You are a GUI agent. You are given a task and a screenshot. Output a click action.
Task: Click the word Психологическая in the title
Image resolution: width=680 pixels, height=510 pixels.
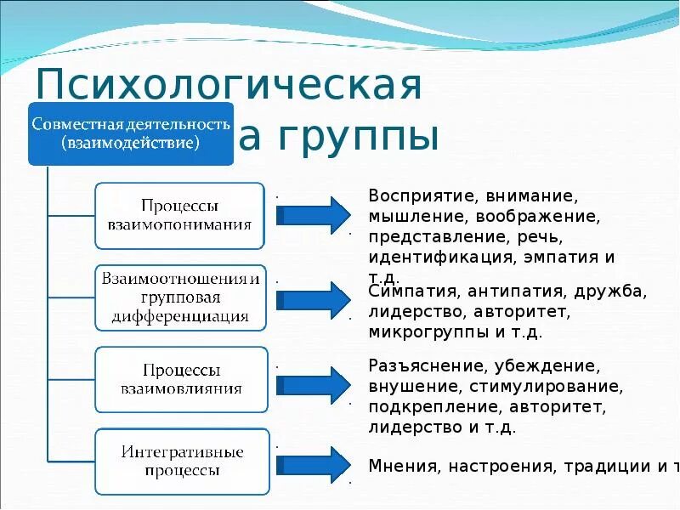(229, 87)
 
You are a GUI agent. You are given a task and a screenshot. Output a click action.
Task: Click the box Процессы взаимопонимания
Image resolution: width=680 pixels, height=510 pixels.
(179, 216)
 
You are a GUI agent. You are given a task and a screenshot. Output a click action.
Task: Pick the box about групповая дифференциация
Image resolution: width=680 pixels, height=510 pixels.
(179, 297)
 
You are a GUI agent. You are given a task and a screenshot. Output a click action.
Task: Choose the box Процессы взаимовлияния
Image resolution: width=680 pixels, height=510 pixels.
(179, 379)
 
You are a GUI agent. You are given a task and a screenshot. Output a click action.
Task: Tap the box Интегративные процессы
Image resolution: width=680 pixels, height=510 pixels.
(181, 461)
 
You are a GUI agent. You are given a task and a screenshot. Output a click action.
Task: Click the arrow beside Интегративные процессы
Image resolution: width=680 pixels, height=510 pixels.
(313, 465)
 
